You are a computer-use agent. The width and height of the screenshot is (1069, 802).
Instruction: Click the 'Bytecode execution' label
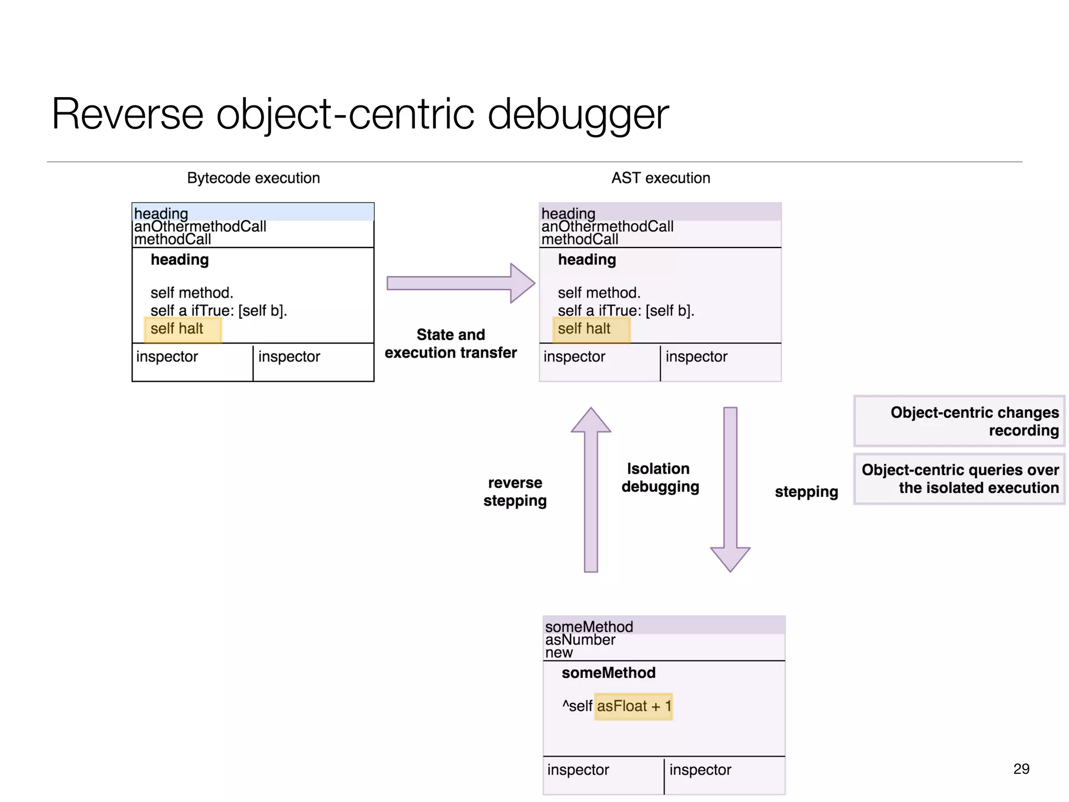[x=253, y=178]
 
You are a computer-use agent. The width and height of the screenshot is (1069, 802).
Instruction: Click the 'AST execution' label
[x=660, y=178]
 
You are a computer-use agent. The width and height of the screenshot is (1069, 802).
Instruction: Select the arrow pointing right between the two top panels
[x=459, y=283]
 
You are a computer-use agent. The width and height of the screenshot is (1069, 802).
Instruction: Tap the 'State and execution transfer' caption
[x=450, y=344]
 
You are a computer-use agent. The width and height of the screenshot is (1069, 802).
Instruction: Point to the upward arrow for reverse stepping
[x=591, y=491]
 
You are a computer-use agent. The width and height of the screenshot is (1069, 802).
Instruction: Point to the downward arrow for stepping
[x=730, y=491]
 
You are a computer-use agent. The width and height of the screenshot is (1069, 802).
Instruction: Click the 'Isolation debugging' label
[x=660, y=477]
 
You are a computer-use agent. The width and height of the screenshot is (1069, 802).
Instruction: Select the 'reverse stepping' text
[x=515, y=491]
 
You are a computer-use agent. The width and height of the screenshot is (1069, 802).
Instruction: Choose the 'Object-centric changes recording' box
[x=959, y=421]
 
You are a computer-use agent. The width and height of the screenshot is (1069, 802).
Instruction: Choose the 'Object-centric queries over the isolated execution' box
[x=959, y=478]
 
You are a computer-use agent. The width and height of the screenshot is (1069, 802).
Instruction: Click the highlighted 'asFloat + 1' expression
[x=633, y=706]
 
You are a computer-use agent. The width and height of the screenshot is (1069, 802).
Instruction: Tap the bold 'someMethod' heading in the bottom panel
[x=608, y=673]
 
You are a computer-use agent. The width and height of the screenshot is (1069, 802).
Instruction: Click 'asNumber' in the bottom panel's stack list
[x=580, y=640]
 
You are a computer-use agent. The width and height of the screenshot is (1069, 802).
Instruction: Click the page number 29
[x=1021, y=769]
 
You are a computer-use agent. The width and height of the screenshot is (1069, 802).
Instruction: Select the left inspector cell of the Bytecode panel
[x=192, y=362]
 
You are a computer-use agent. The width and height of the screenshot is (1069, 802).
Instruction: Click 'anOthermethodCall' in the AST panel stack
[x=607, y=227]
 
